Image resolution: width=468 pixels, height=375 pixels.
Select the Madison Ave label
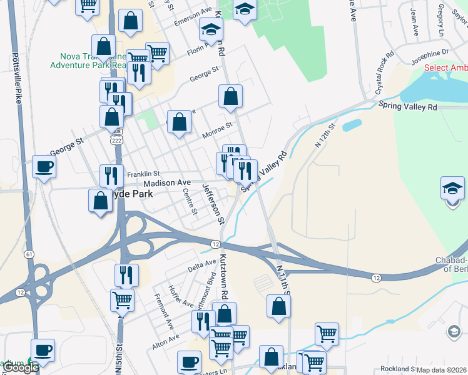tap(166, 182)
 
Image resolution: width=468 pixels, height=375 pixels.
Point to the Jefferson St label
tap(212, 204)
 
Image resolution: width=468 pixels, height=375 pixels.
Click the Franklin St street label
tap(143, 174)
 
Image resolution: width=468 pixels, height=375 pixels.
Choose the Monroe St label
tap(217, 131)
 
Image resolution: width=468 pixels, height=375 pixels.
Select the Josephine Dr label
tap(430, 56)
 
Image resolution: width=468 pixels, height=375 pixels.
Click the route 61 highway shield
tap(29, 254)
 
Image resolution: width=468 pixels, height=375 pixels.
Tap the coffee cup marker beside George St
tap(44, 167)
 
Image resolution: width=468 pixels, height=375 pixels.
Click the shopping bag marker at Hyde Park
tap(100, 201)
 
